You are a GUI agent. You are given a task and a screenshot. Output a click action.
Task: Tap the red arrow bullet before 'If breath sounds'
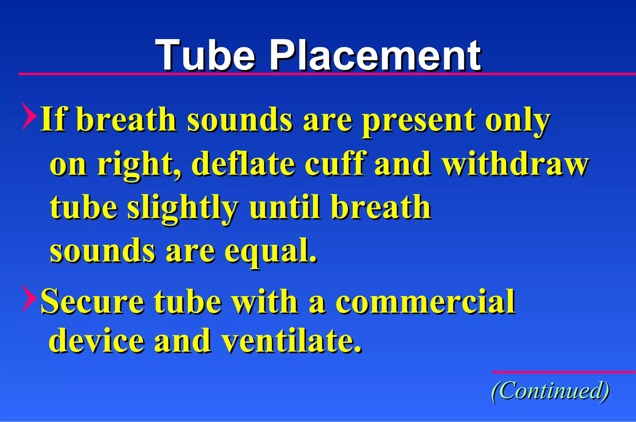coord(29,116)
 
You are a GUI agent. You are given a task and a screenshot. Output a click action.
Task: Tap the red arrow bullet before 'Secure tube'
coord(29,299)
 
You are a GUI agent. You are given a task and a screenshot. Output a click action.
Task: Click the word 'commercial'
coord(425,302)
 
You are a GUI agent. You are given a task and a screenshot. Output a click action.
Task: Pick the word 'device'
coord(97,340)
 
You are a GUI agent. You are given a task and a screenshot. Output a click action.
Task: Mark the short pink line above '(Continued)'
coord(564,372)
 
